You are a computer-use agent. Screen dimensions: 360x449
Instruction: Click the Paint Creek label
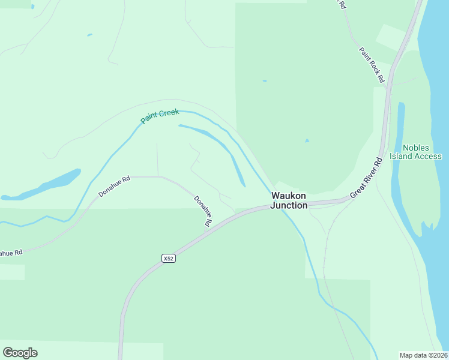coord(160,116)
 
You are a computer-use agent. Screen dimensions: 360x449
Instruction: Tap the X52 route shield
coord(169,259)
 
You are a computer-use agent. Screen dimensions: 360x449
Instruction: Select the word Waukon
coord(289,196)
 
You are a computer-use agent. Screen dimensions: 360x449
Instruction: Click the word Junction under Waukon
coord(289,205)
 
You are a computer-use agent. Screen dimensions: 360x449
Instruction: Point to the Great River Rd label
coord(366,178)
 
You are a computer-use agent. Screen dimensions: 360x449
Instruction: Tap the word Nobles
coord(416,148)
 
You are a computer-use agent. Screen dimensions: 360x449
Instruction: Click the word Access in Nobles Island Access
coord(428,157)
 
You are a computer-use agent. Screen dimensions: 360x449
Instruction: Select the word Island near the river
coord(402,157)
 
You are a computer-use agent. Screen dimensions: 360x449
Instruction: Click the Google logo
coord(20,352)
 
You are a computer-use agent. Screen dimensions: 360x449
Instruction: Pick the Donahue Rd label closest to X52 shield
coord(203,211)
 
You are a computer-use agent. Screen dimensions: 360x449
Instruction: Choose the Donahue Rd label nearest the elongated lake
coord(114,187)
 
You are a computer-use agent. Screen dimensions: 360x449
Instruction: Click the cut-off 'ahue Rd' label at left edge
coord(11,253)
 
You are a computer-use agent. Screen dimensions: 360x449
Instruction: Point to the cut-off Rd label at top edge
coord(342,4)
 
